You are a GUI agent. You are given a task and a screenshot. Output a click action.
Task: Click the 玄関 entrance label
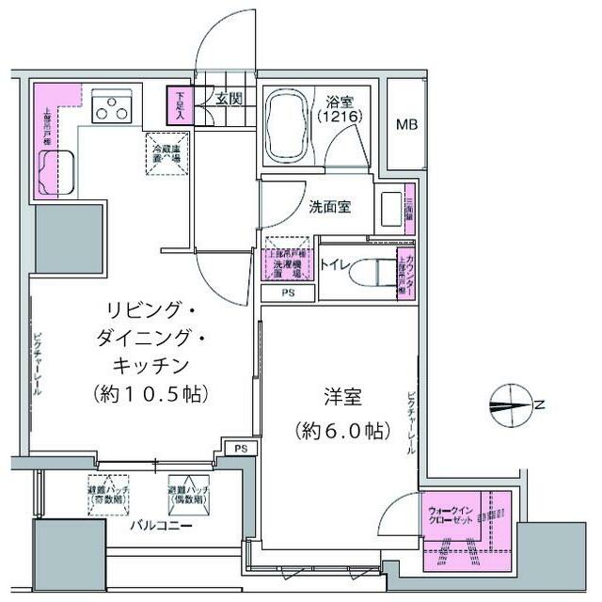229,99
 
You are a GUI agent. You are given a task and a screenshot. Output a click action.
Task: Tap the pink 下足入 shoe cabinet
179,103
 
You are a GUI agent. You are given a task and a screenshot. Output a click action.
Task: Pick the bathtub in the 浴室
287,127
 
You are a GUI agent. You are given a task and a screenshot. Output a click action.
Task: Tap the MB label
406,123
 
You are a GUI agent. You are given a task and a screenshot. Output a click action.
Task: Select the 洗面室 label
330,207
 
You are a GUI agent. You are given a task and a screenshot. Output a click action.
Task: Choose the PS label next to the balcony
241,448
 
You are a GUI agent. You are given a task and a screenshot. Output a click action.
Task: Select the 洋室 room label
339,398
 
